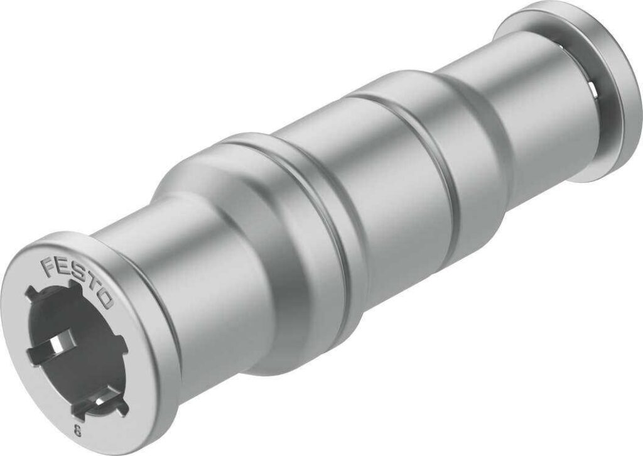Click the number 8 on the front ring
click(77, 431)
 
